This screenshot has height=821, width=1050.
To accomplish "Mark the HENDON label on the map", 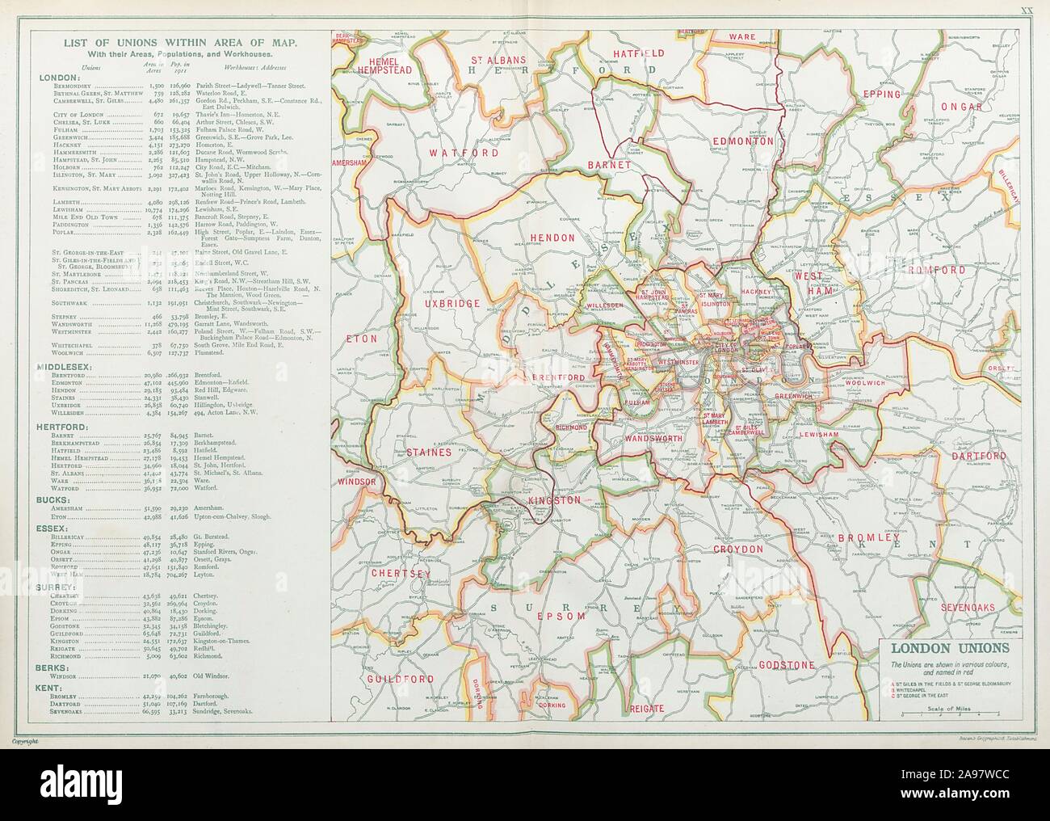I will (552, 238).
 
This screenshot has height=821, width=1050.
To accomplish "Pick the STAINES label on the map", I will (428, 453).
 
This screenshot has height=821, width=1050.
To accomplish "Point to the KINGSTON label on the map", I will (554, 500).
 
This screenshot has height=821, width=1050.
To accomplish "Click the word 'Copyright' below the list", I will (25, 740).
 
